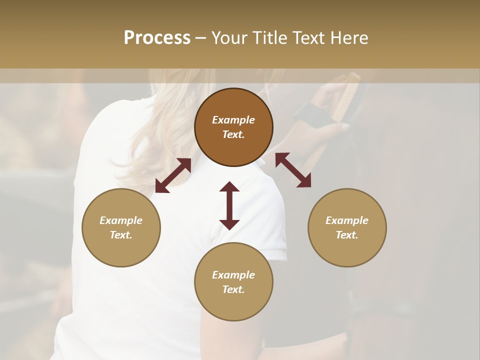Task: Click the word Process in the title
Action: [x=157, y=38]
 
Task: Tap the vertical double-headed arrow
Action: [x=229, y=205]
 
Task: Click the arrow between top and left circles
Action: [x=173, y=175]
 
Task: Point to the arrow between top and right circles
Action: [x=293, y=170]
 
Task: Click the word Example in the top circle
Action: [x=233, y=120]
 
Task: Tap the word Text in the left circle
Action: [x=121, y=235]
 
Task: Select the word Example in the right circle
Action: [x=347, y=220]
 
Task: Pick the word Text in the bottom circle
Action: [x=233, y=289]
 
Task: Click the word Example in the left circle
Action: [x=121, y=220]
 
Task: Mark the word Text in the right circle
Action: [x=347, y=235]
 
